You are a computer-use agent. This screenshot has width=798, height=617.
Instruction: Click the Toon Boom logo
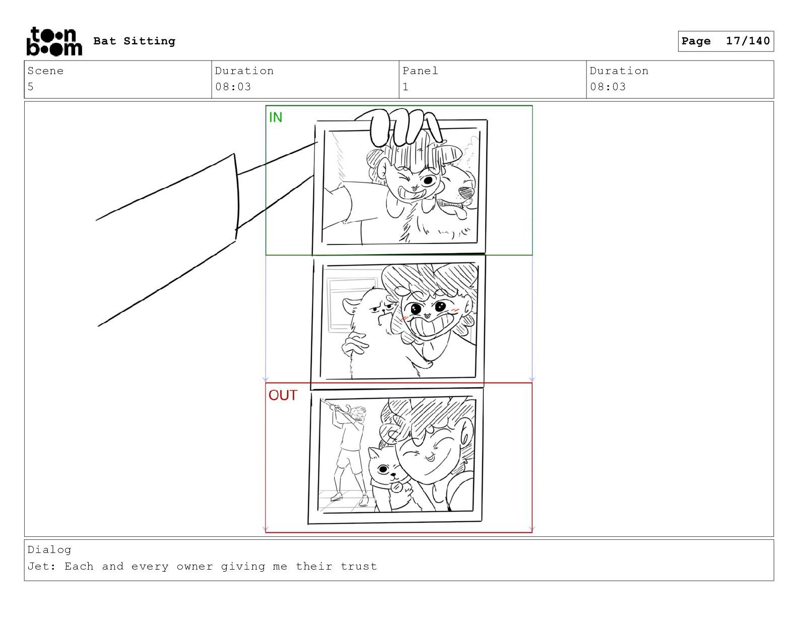pos(54,41)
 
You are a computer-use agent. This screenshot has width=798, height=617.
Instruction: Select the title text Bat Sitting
pos(135,41)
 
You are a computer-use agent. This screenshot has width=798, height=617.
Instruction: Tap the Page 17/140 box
pos(725,41)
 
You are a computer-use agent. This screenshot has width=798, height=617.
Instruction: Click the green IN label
pos(276,117)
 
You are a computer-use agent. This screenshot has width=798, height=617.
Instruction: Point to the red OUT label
pos(283,395)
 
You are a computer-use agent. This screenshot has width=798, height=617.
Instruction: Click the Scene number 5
pos(31,87)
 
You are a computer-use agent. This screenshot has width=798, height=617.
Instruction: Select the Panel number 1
pos(405,87)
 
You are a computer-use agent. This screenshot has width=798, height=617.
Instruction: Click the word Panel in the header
pos(420,71)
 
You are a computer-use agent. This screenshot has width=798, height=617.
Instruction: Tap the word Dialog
pos(49,549)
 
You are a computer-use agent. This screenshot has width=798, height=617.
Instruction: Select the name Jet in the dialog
pos(38,566)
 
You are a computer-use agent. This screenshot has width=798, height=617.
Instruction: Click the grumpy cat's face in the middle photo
pos(382,311)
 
